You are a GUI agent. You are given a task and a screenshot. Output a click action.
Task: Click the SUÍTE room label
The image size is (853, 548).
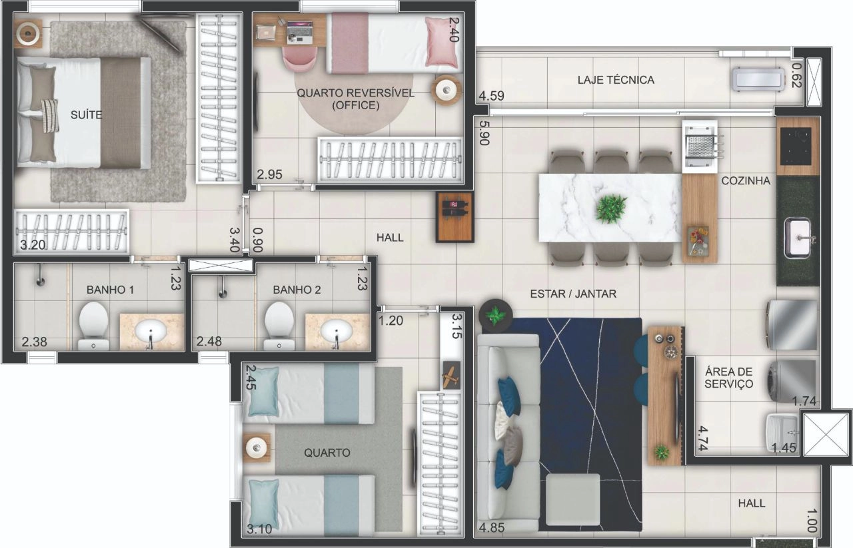86,115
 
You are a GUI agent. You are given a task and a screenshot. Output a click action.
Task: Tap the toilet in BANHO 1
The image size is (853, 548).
93,326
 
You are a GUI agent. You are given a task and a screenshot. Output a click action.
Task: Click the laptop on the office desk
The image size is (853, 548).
300,33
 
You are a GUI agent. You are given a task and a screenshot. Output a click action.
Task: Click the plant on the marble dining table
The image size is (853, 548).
611,209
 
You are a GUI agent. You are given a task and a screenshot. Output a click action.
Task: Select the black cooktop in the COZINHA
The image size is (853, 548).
796,145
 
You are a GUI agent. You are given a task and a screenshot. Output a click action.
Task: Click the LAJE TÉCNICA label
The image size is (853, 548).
616,80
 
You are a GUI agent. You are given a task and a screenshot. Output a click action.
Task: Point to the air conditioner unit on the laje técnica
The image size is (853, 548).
758,79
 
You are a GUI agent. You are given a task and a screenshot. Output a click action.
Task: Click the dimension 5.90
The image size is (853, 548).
484,133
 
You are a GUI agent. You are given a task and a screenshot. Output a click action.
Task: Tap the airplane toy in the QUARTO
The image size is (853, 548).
451,376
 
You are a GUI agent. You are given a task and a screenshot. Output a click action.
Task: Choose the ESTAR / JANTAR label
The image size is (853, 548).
573,294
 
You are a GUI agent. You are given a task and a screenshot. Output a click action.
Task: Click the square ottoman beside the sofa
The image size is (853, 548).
572,499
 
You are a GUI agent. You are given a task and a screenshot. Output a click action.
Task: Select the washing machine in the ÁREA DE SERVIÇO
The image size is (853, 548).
792,382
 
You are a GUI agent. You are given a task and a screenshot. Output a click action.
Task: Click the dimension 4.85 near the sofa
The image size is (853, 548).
492,528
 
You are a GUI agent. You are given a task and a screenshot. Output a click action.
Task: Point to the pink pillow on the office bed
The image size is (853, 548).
441,42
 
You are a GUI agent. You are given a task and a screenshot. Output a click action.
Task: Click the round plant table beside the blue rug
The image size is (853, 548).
495,315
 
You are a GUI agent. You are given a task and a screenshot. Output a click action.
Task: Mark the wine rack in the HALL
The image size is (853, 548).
455,217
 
